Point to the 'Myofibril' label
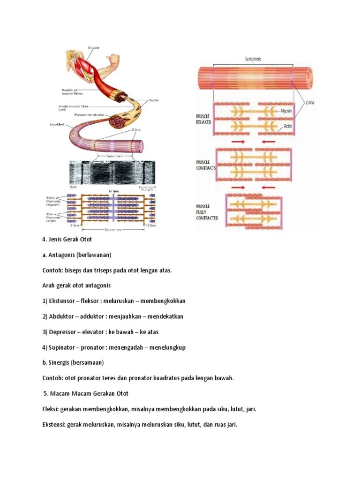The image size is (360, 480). [x=58, y=124]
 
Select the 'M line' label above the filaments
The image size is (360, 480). [x=113, y=191]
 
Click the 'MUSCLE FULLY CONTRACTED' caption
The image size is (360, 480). [x=207, y=212]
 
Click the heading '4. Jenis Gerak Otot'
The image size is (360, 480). [x=67, y=240]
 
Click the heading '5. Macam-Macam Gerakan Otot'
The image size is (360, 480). [x=86, y=393]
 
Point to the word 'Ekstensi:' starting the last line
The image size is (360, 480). [x=53, y=424]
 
